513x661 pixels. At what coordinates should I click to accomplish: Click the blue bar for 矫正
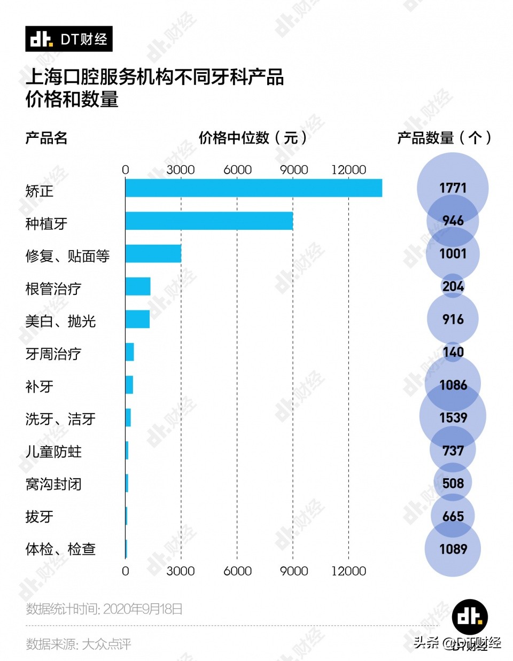(254, 188)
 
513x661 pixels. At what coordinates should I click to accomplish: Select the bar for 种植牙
(209, 221)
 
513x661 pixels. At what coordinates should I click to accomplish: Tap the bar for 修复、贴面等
(153, 254)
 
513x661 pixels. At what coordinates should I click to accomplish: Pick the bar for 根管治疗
(138, 286)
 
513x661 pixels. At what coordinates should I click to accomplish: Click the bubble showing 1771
(453, 188)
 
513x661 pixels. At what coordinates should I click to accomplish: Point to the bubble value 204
(453, 286)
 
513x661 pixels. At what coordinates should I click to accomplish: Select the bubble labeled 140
(453, 352)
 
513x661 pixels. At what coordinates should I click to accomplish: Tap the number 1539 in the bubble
(453, 417)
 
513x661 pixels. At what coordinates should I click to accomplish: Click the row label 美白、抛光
(60, 321)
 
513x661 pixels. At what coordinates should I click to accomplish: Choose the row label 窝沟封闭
(53, 484)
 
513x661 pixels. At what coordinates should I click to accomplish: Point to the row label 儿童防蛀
(53, 452)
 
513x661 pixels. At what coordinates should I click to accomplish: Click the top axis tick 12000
(348, 170)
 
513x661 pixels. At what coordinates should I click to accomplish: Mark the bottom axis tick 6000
(237, 571)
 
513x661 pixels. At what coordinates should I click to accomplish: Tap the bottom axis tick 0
(126, 571)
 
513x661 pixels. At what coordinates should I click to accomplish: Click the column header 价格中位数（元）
(253, 138)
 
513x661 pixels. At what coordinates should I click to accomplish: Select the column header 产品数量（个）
(444, 138)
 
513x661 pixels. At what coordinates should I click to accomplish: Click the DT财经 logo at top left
(69, 39)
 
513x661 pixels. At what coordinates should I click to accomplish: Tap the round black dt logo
(470, 617)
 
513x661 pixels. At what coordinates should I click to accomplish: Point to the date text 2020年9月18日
(143, 609)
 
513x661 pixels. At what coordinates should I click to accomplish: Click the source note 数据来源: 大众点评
(79, 644)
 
